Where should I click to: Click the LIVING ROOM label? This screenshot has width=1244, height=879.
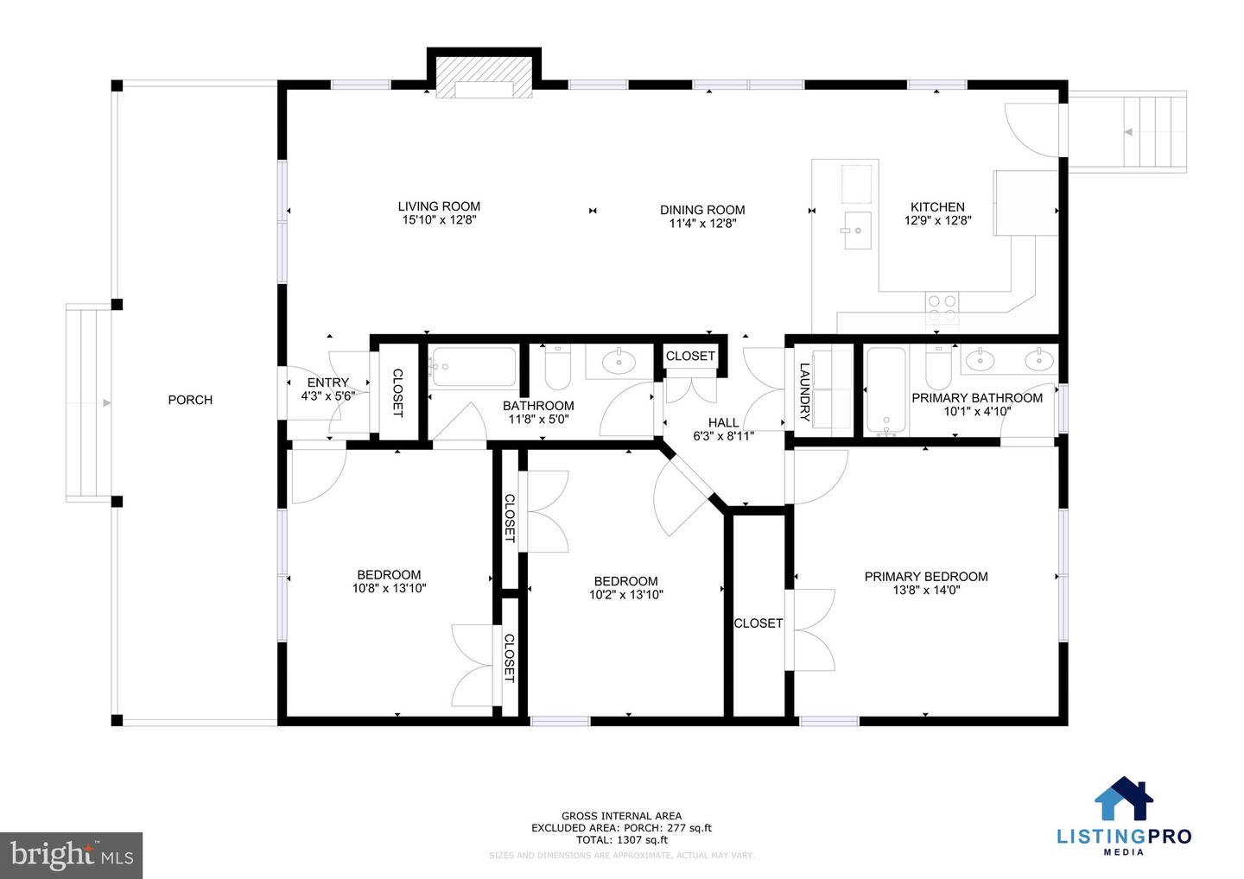click(x=439, y=206)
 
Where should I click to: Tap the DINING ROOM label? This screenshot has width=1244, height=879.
click(x=701, y=210)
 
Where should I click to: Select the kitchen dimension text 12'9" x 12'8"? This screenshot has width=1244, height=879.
click(x=937, y=220)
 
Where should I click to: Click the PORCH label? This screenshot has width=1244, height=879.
click(x=190, y=400)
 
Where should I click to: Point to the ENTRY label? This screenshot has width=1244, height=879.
click(x=328, y=383)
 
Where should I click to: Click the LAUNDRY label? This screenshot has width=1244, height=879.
click(x=804, y=391)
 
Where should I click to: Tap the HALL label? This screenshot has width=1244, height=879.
click(x=723, y=422)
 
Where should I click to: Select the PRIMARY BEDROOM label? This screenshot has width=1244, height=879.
click(x=926, y=577)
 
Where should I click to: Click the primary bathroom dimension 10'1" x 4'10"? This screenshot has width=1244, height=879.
click(x=977, y=411)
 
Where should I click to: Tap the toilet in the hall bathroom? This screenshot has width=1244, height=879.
click(x=557, y=370)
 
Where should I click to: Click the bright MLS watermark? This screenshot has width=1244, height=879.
click(x=72, y=855)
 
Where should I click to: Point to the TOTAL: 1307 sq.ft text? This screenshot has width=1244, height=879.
click(x=622, y=839)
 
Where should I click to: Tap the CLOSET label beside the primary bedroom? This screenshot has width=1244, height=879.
click(x=758, y=623)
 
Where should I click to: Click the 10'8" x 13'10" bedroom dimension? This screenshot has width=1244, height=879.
click(x=389, y=588)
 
